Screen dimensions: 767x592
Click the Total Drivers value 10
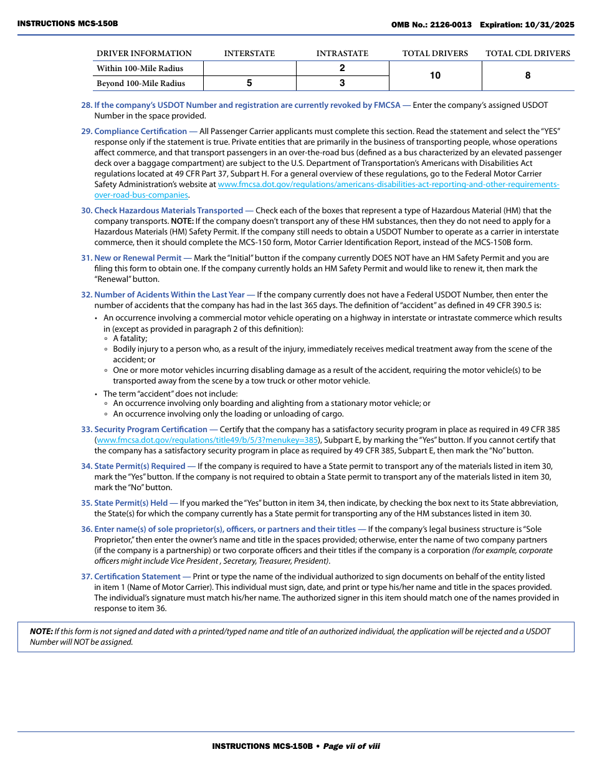point(435,75)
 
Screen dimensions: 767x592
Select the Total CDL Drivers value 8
point(528,75)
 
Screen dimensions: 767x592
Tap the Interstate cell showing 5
point(249,83)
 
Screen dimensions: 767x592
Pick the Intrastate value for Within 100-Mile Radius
point(342,68)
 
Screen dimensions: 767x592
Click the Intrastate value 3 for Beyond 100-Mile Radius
point(342,83)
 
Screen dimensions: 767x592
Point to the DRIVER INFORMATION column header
point(144,54)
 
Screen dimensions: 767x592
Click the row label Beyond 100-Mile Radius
point(141,84)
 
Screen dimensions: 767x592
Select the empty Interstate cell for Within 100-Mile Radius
point(249,68)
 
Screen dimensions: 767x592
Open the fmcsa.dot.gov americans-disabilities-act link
point(388,185)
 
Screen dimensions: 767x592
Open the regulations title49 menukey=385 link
point(208,440)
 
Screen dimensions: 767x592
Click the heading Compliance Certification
point(140,132)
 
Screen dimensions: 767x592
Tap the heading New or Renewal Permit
point(138,258)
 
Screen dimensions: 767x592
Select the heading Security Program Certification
point(150,430)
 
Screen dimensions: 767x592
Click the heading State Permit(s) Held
point(131,503)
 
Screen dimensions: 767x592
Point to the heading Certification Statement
point(137,577)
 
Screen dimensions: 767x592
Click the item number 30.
point(86,211)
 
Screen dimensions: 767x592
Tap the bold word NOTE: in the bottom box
point(41,632)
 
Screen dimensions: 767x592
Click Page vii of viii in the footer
point(351,746)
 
